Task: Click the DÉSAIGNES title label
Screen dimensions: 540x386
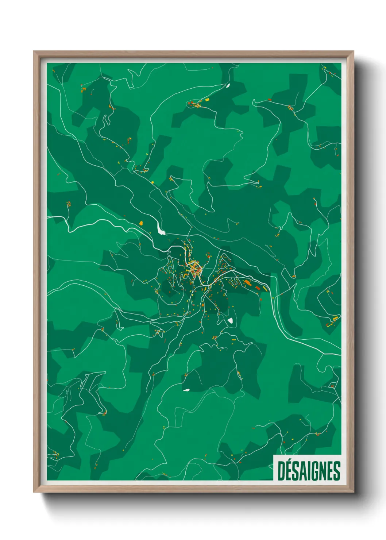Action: coord(309,471)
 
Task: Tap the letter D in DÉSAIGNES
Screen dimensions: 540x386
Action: coord(281,471)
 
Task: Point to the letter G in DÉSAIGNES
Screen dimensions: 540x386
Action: coord(316,471)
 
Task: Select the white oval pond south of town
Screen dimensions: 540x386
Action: coord(231,321)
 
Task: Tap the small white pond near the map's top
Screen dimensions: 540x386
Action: coord(228,86)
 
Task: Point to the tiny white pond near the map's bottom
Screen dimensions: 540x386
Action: coord(186,390)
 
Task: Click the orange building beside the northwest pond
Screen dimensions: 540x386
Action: coord(141,223)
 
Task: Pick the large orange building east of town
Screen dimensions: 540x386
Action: coord(247,282)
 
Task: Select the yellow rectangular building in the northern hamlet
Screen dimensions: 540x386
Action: coord(207,99)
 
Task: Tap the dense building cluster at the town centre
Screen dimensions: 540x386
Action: coord(196,269)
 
